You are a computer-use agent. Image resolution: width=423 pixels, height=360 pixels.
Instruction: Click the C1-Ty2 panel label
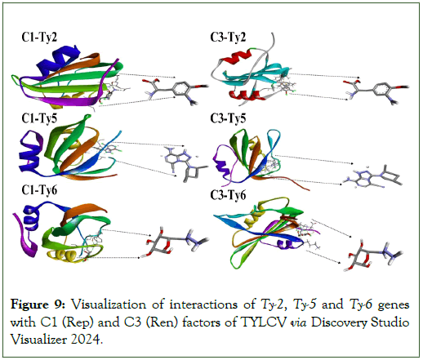pos(39,37)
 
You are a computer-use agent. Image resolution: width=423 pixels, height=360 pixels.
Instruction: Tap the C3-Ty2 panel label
pos(228,37)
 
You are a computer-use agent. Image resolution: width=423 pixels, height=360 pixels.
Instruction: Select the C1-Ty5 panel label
pos(39,118)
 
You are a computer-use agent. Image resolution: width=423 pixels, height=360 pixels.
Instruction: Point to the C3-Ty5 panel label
pos(228,118)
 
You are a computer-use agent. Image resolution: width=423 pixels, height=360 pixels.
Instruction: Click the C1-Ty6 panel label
pos(39,190)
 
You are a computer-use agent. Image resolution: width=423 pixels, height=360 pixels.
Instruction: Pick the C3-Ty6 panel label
pos(228,195)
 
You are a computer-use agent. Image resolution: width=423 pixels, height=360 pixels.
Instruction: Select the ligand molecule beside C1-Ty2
pos(176,91)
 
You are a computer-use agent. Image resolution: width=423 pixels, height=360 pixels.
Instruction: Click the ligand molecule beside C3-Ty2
pos(377,91)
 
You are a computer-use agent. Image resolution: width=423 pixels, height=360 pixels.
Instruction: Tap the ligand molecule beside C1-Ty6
pos(177,242)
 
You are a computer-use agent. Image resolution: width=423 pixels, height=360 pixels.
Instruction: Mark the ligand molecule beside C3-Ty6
pos(373,256)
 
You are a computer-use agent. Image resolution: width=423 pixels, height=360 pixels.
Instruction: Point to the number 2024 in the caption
pos(87,340)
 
